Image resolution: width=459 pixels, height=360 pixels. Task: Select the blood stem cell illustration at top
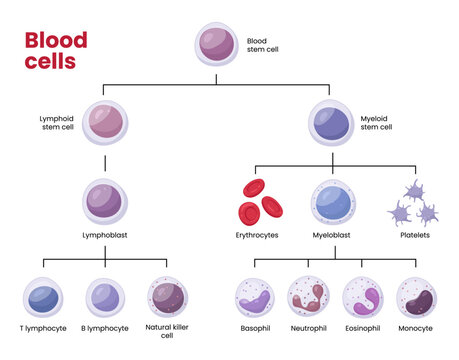point(215,46)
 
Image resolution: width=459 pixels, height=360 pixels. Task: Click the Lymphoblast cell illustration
point(106,201)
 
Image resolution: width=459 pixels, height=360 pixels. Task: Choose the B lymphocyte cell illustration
point(106,298)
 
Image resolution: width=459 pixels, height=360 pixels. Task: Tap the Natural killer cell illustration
point(167,298)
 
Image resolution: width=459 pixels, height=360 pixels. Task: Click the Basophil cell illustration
point(255,298)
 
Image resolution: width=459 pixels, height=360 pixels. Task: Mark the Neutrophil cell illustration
point(308,298)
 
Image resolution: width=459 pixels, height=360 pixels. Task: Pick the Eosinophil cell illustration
point(362,298)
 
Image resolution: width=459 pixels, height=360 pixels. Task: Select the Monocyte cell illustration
point(416,298)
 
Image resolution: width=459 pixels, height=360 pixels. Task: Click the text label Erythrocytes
point(258,235)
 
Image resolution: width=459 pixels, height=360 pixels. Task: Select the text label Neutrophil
point(308,327)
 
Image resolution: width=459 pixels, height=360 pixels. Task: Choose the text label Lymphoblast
point(106,235)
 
